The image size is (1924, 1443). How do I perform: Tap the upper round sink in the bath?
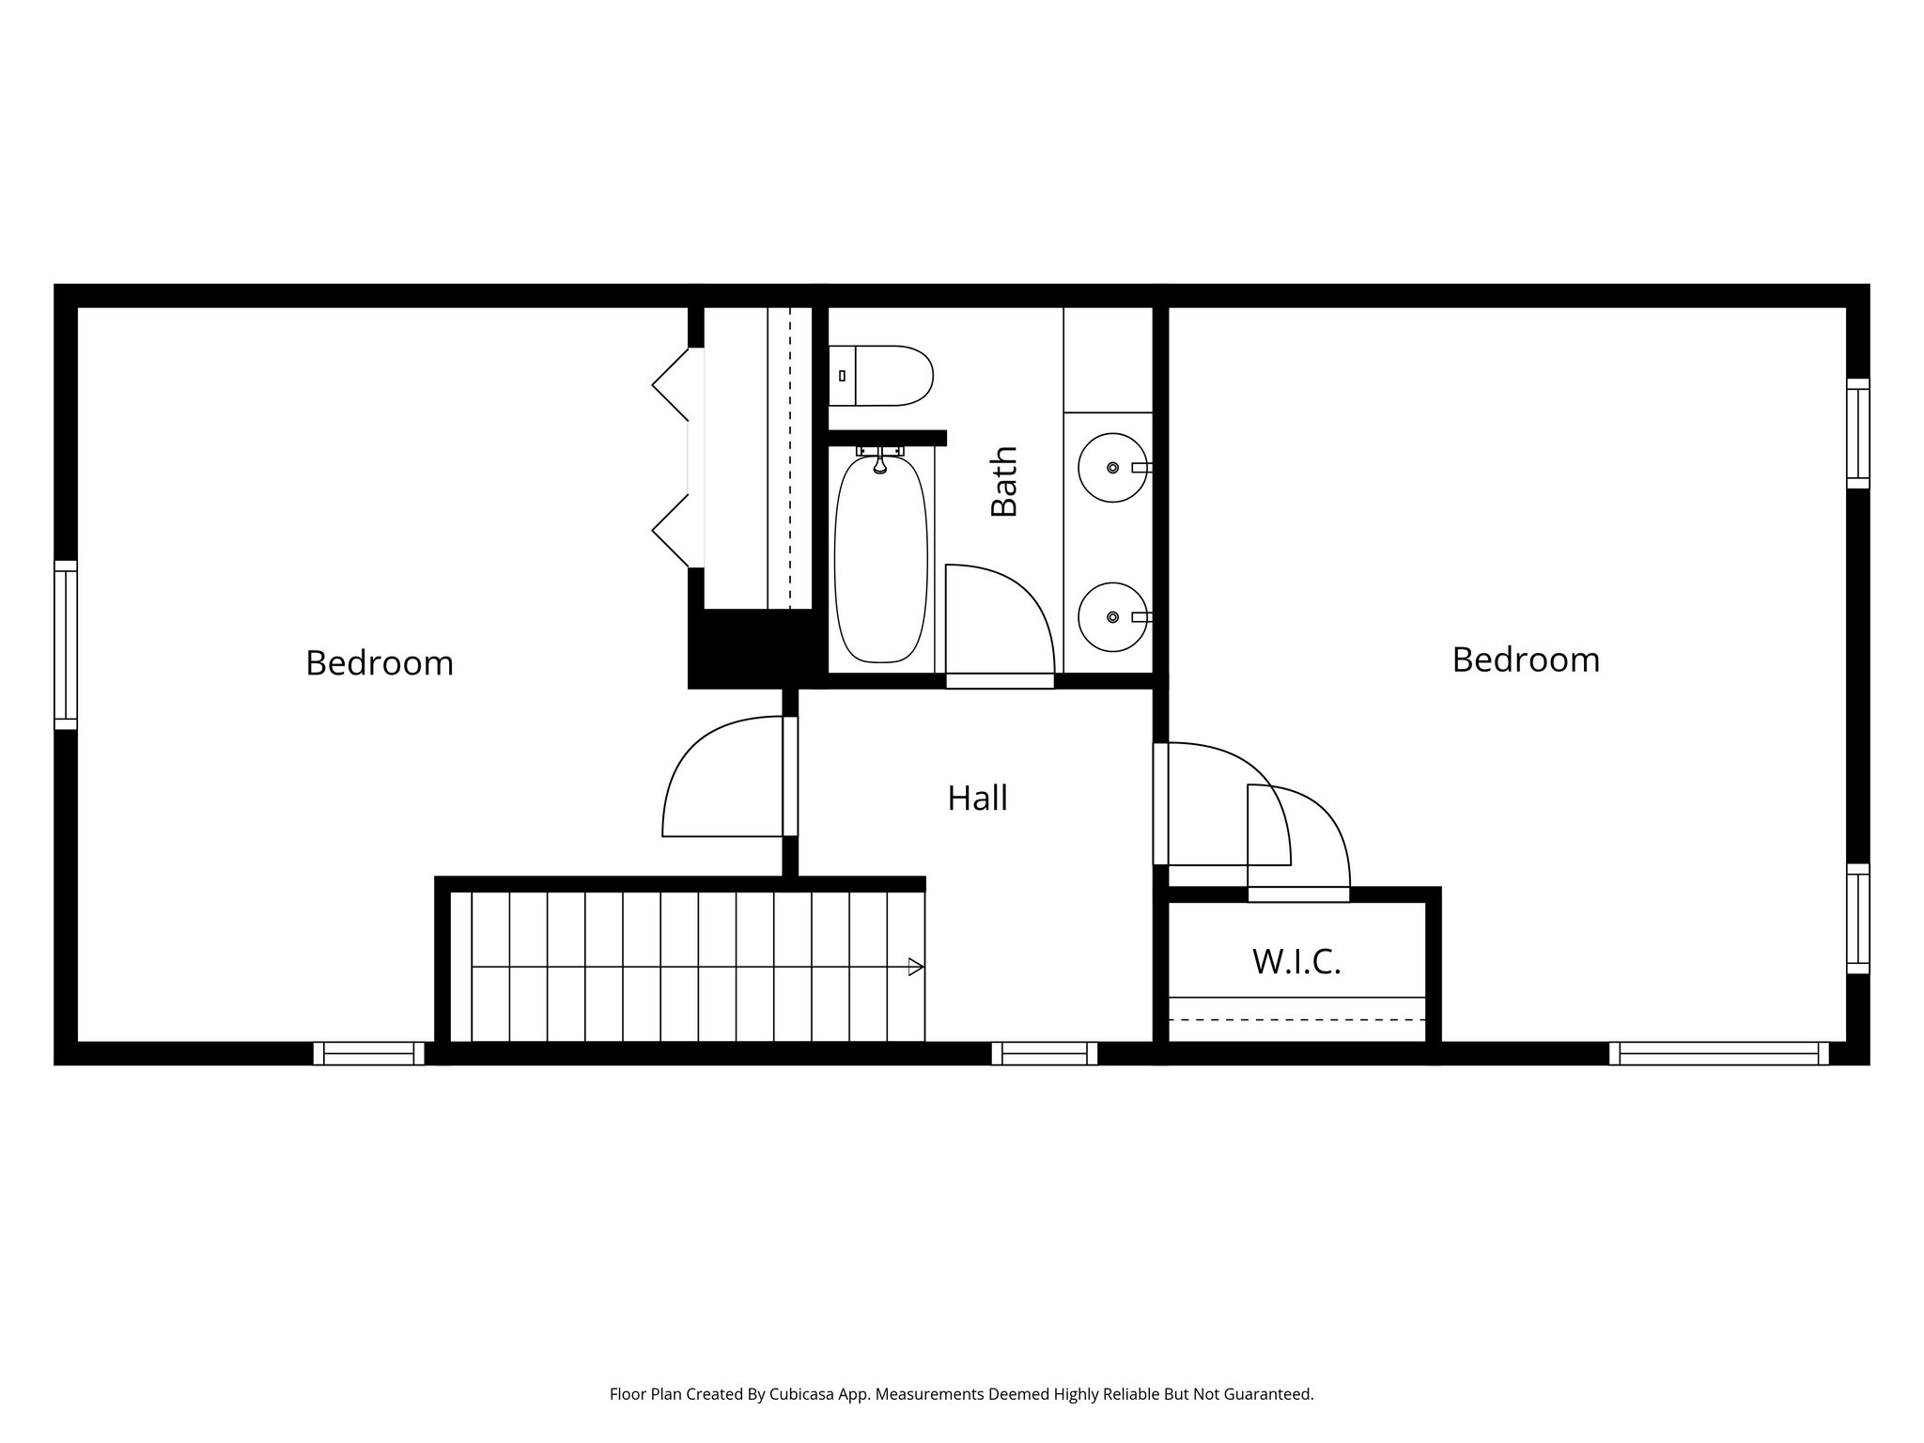(1112, 467)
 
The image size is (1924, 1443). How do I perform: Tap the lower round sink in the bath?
(1112, 617)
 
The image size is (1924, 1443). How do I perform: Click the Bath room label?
(1004, 482)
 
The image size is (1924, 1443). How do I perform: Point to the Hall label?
(977, 799)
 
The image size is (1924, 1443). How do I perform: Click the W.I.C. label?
(1296, 962)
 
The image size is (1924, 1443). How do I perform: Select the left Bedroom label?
(380, 663)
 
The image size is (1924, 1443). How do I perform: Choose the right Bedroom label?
(1526, 659)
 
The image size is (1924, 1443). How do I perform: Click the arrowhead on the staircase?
(916, 967)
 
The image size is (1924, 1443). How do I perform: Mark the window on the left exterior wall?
(65, 644)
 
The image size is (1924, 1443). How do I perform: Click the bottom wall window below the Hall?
(1045, 1053)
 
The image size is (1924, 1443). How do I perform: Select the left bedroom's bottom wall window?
(368, 1053)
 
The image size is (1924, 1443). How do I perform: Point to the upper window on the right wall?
(1857, 433)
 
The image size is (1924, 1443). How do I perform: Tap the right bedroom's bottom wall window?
(1719, 1053)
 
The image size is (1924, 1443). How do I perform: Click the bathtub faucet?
(880, 461)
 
